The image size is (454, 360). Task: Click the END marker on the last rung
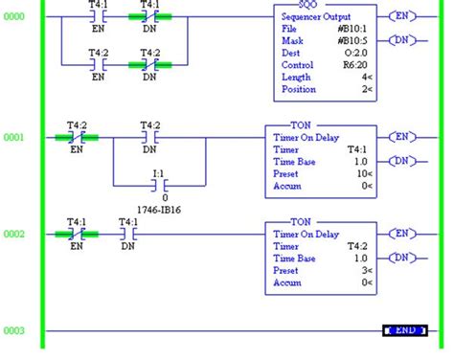click(x=404, y=330)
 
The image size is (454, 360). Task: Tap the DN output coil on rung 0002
click(x=403, y=256)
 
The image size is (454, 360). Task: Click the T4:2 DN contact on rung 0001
click(x=149, y=138)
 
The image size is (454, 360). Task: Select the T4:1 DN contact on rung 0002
click(x=127, y=234)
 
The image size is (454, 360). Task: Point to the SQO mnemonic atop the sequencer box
click(x=313, y=6)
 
